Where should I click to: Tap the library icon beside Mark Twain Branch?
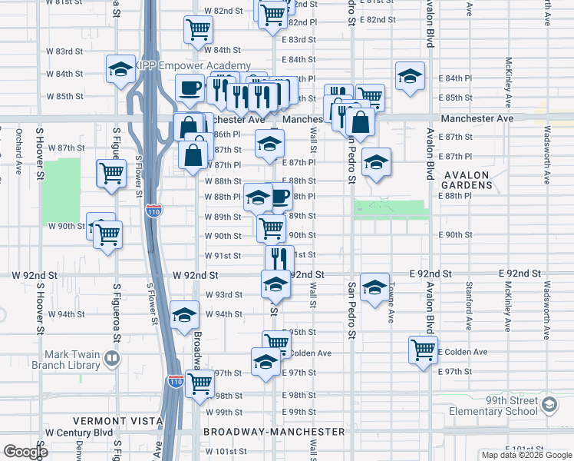[x=112, y=359]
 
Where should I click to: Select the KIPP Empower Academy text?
[x=195, y=65]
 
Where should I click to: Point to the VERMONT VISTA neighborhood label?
[x=117, y=421]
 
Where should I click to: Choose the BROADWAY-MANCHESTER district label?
[x=274, y=432]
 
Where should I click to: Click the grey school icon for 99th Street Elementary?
[x=549, y=405]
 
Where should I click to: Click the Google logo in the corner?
[x=25, y=452]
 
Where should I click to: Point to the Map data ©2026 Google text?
[x=526, y=455]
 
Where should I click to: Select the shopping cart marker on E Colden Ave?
[x=423, y=350]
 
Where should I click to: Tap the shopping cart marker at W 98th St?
[x=200, y=383]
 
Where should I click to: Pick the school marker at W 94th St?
[x=184, y=315]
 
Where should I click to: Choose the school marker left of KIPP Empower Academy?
[x=120, y=70]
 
